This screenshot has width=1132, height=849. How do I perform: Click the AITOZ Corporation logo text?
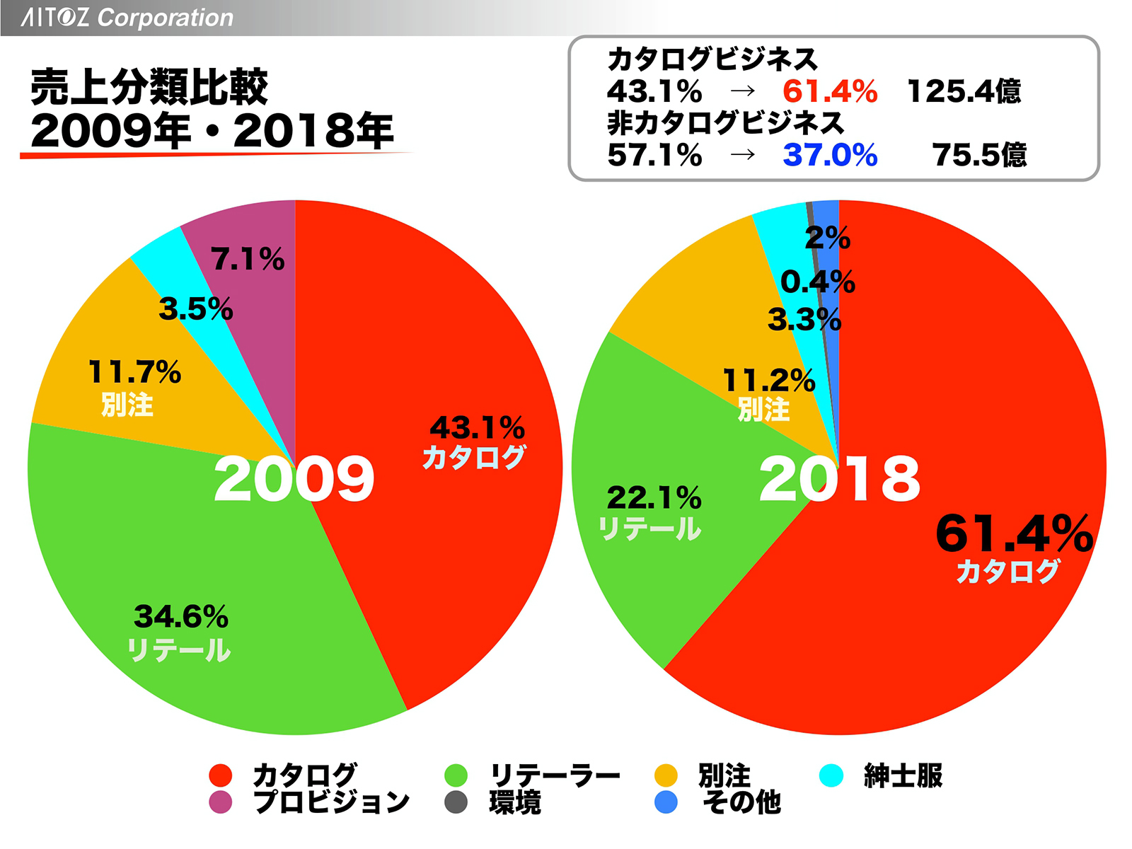coord(127,17)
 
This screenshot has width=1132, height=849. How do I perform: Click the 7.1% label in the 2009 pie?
coord(248,260)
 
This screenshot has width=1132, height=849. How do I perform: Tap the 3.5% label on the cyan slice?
coord(195,309)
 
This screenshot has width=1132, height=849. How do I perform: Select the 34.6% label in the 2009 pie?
coord(181,617)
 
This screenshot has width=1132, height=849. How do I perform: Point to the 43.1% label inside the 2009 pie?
coord(478,427)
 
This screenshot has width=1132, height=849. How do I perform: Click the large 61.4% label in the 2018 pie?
coord(1013,533)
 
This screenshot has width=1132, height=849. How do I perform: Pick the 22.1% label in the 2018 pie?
coord(654,498)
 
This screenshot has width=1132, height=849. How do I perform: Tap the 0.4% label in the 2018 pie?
coord(817,282)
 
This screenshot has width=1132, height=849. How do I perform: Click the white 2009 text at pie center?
coord(294,480)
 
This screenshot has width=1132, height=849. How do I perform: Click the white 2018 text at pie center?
coord(839,480)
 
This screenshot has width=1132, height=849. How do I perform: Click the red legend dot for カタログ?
coord(221,775)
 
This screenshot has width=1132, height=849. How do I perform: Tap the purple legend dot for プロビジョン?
coord(221,802)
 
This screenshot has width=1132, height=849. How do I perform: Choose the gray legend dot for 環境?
coord(456,802)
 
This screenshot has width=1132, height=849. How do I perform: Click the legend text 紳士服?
coord(903,775)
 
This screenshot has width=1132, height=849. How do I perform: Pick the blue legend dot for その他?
coord(666,802)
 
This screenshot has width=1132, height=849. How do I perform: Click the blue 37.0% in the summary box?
coord(830,155)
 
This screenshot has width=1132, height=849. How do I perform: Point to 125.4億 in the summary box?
coord(964,91)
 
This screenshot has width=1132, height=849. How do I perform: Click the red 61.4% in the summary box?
coord(830,91)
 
